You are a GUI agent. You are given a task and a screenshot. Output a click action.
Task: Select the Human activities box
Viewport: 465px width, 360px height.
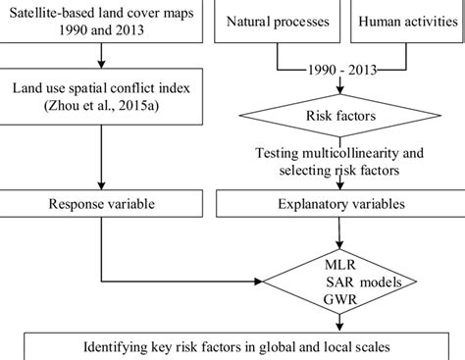(402, 21)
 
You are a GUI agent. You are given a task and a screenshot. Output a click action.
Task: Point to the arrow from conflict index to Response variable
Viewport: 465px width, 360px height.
(102, 157)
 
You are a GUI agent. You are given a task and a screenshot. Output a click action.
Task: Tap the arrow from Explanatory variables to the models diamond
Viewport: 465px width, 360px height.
(337, 235)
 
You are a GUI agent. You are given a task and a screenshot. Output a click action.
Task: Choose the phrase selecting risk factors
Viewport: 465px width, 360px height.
(337, 171)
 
